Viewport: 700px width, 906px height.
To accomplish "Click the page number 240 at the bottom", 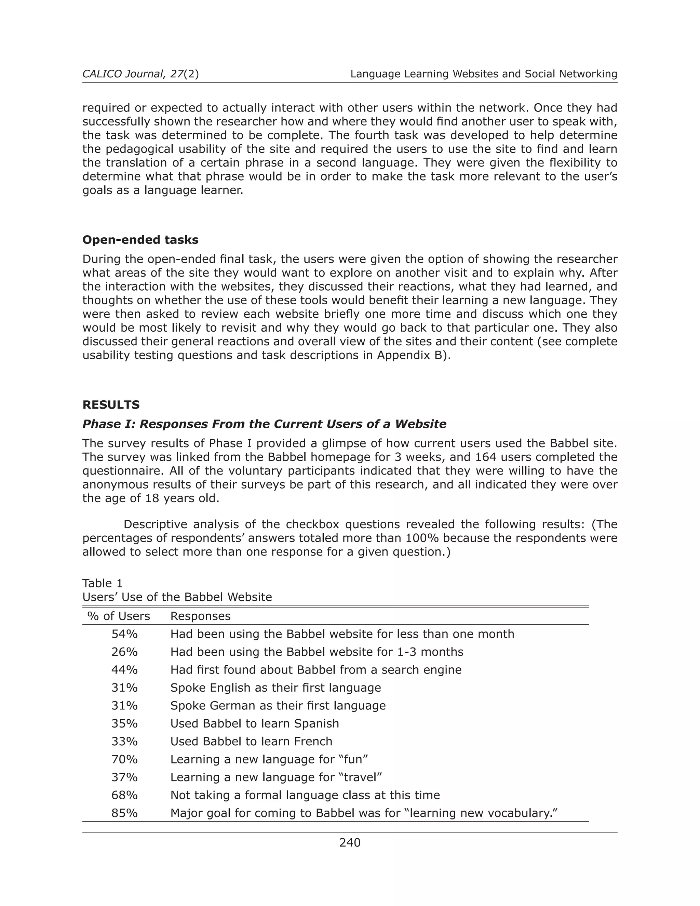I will click(x=350, y=842).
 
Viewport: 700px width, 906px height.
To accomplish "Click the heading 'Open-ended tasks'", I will click(x=140, y=240).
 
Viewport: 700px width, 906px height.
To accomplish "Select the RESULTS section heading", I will click(x=111, y=404).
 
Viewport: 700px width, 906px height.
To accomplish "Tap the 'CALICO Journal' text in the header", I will click(x=122, y=74).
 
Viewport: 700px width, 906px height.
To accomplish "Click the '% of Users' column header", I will click(x=119, y=616).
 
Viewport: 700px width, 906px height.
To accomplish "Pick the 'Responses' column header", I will click(x=200, y=616).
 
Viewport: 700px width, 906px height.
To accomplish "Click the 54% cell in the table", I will click(x=124, y=634).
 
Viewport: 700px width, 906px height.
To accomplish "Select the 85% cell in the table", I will click(x=124, y=813).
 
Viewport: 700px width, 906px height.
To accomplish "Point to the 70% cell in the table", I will click(x=124, y=759).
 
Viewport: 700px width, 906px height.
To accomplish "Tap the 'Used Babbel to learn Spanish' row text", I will click(x=255, y=723).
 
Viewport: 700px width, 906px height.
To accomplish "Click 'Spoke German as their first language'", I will click(x=278, y=705).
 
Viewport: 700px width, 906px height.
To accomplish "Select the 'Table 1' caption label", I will click(x=103, y=583).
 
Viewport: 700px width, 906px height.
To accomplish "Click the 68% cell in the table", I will click(x=124, y=795).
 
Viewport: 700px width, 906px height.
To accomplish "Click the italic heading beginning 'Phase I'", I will click(x=264, y=424).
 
